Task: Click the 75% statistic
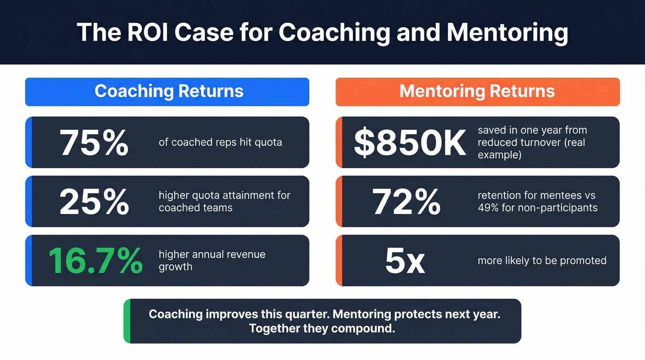click(x=94, y=142)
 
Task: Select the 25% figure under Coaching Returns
click(x=94, y=201)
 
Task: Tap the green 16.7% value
click(x=95, y=260)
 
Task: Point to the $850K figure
click(x=410, y=142)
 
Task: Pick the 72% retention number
click(x=406, y=201)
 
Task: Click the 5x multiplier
click(x=405, y=260)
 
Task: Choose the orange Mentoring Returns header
click(x=477, y=91)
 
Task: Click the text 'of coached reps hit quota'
click(x=220, y=142)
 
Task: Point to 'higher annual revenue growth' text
click(x=212, y=260)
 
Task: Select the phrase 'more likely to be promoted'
click(x=542, y=261)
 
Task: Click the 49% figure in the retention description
click(x=489, y=208)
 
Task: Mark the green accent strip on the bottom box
click(x=127, y=321)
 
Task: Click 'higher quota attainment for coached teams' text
click(x=224, y=201)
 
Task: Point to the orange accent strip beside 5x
click(x=339, y=260)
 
